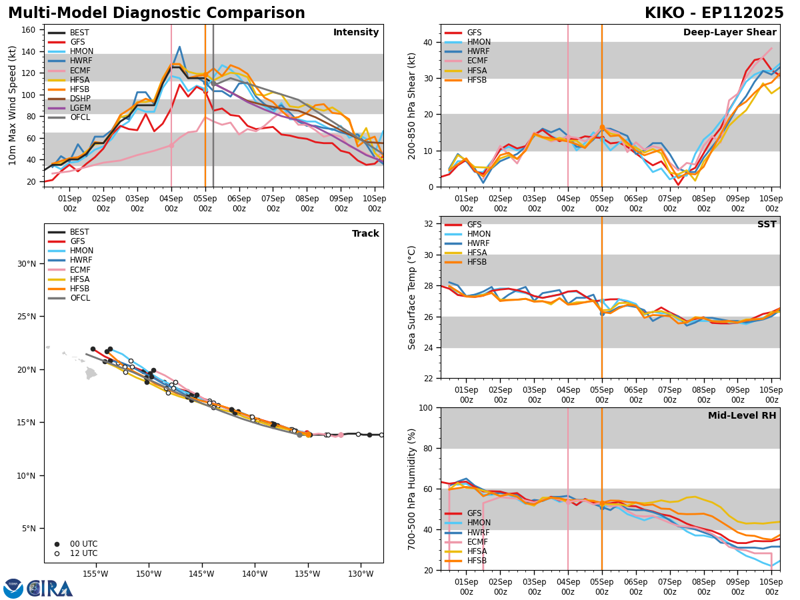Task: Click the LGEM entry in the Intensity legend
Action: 79,108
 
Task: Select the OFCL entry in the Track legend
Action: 79,298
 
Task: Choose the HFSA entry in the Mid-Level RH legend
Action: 477,551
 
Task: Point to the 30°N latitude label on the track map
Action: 27,264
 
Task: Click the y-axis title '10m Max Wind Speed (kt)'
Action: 11,105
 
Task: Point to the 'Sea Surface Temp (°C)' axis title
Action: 412,297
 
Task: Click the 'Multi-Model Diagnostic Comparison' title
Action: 157,13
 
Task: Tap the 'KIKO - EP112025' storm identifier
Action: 714,13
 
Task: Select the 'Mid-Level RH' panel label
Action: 742,416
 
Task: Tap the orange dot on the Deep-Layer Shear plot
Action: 602,127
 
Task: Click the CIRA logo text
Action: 50,589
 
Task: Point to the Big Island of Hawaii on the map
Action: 91,373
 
